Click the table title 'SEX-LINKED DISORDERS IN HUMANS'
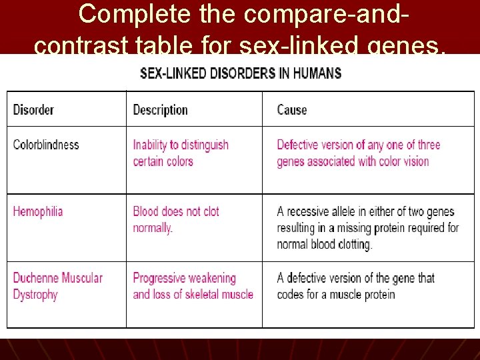point(241,73)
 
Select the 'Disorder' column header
point(33,110)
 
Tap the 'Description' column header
point(160,110)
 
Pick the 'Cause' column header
point(292,110)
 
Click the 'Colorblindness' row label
point(46,145)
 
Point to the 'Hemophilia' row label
point(38,212)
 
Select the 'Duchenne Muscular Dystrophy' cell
point(58,286)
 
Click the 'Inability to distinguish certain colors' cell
point(181,153)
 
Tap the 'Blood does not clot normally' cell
point(176,219)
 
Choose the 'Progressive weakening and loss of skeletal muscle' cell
point(193,286)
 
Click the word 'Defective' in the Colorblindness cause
point(300,145)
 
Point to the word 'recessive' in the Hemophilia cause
point(313,212)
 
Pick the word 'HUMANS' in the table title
point(317,73)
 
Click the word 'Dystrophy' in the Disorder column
point(35,295)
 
